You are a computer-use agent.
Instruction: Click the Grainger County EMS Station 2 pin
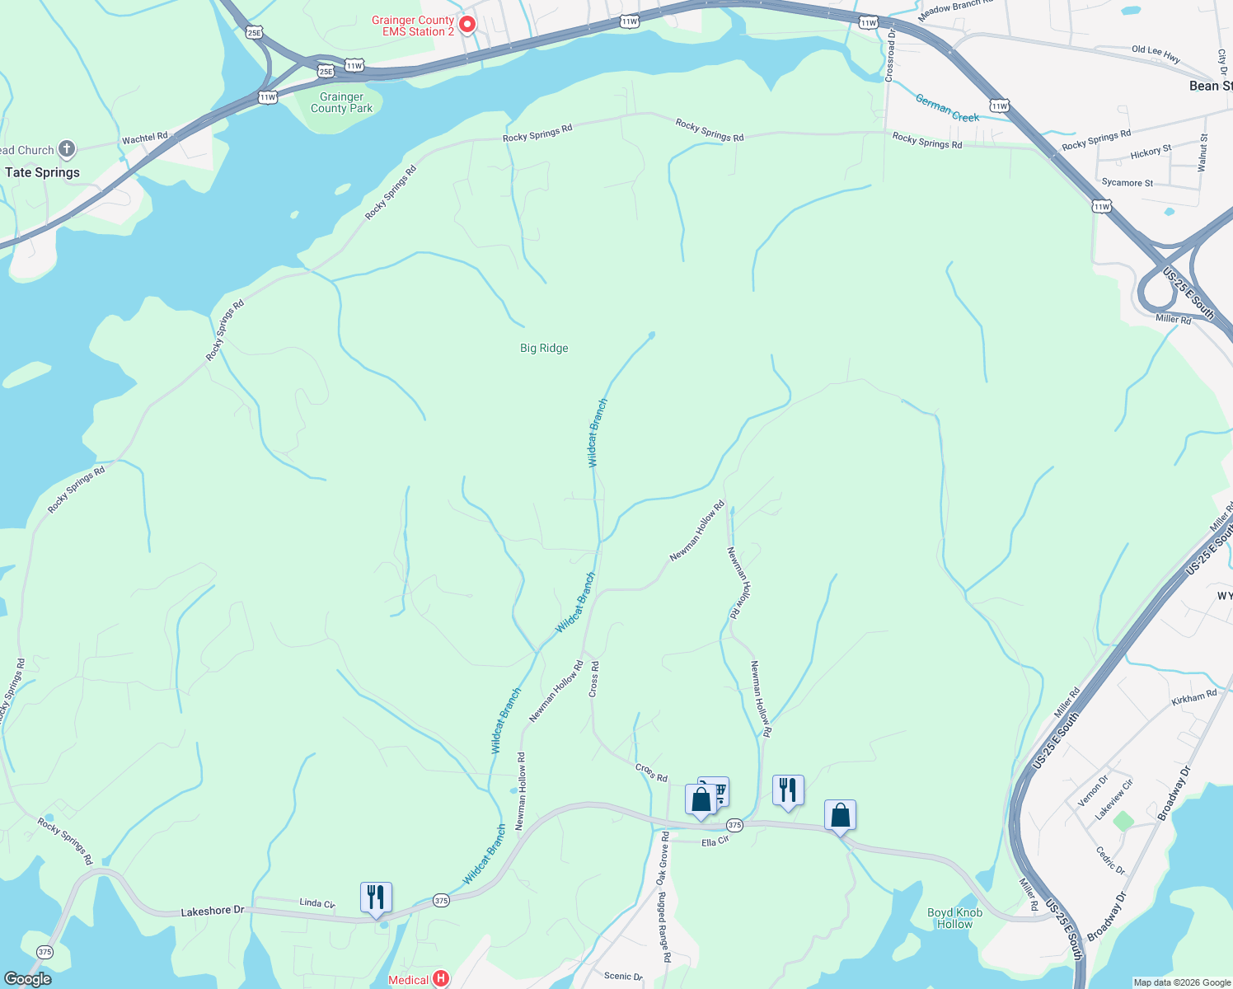[466, 25]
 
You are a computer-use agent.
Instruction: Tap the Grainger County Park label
[341, 102]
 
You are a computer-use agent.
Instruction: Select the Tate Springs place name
[43, 172]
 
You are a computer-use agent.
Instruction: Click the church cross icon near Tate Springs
[67, 149]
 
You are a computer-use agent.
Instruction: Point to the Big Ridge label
[544, 348]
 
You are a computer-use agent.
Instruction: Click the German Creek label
[947, 108]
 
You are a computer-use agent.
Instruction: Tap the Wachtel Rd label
[144, 138]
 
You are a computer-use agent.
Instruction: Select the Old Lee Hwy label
[1156, 54]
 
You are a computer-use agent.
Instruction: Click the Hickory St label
[1151, 152]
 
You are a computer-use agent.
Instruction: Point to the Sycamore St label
[1127, 182]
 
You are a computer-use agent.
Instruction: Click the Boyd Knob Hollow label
[954, 918]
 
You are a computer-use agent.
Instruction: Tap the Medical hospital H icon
[441, 978]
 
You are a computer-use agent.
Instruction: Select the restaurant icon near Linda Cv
[376, 897]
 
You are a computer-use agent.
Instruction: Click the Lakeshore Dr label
[213, 911]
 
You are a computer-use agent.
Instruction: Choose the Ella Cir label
[715, 842]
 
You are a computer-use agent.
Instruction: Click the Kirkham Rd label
[1193, 698]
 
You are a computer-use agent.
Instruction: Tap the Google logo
[28, 978]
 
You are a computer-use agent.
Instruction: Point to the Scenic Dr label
[623, 976]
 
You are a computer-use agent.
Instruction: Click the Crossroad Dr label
[890, 55]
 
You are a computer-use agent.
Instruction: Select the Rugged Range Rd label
[664, 927]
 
